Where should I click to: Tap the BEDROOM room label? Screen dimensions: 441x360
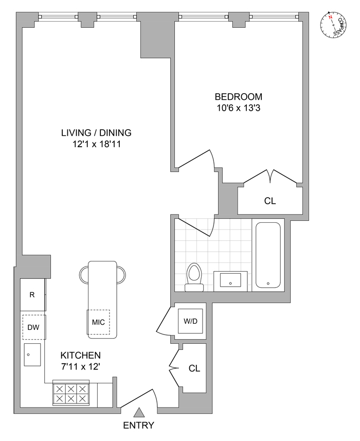coord(238,97)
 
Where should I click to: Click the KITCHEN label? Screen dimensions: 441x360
coord(81,356)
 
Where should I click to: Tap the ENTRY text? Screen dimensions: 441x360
coord(139,426)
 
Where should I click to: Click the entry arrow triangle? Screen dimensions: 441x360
coord(139,412)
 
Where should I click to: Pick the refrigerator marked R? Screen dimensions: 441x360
coord(32,295)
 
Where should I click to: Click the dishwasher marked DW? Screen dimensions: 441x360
coord(33,327)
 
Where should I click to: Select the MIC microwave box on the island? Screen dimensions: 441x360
coord(98,323)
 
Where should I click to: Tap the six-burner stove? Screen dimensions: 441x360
coord(71,394)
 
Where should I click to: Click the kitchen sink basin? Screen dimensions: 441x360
coord(33,355)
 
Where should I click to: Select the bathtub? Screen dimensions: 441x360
coord(268,255)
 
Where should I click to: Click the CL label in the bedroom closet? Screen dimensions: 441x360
coord(269,201)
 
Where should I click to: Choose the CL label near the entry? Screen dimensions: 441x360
coord(194,368)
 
